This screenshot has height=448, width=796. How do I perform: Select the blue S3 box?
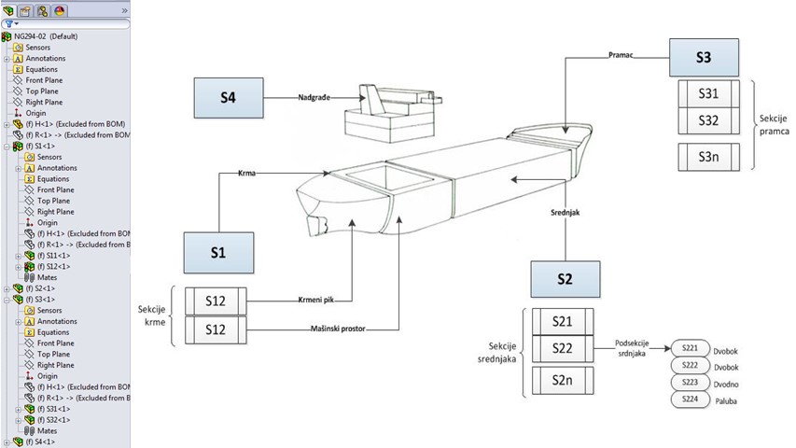click(x=704, y=58)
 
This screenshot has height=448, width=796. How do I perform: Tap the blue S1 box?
click(x=217, y=251)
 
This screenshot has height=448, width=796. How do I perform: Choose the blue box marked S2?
click(x=565, y=278)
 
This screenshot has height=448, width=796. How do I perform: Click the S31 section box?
click(x=708, y=94)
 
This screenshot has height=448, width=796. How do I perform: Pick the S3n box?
click(x=708, y=156)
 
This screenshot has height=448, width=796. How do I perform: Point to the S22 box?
click(x=562, y=347)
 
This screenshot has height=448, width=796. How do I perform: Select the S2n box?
click(x=562, y=380)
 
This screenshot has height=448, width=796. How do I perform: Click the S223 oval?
click(x=690, y=382)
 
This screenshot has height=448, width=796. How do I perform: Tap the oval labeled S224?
click(x=690, y=399)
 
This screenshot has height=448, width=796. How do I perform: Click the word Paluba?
click(x=726, y=399)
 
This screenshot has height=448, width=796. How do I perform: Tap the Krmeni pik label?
click(x=317, y=299)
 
